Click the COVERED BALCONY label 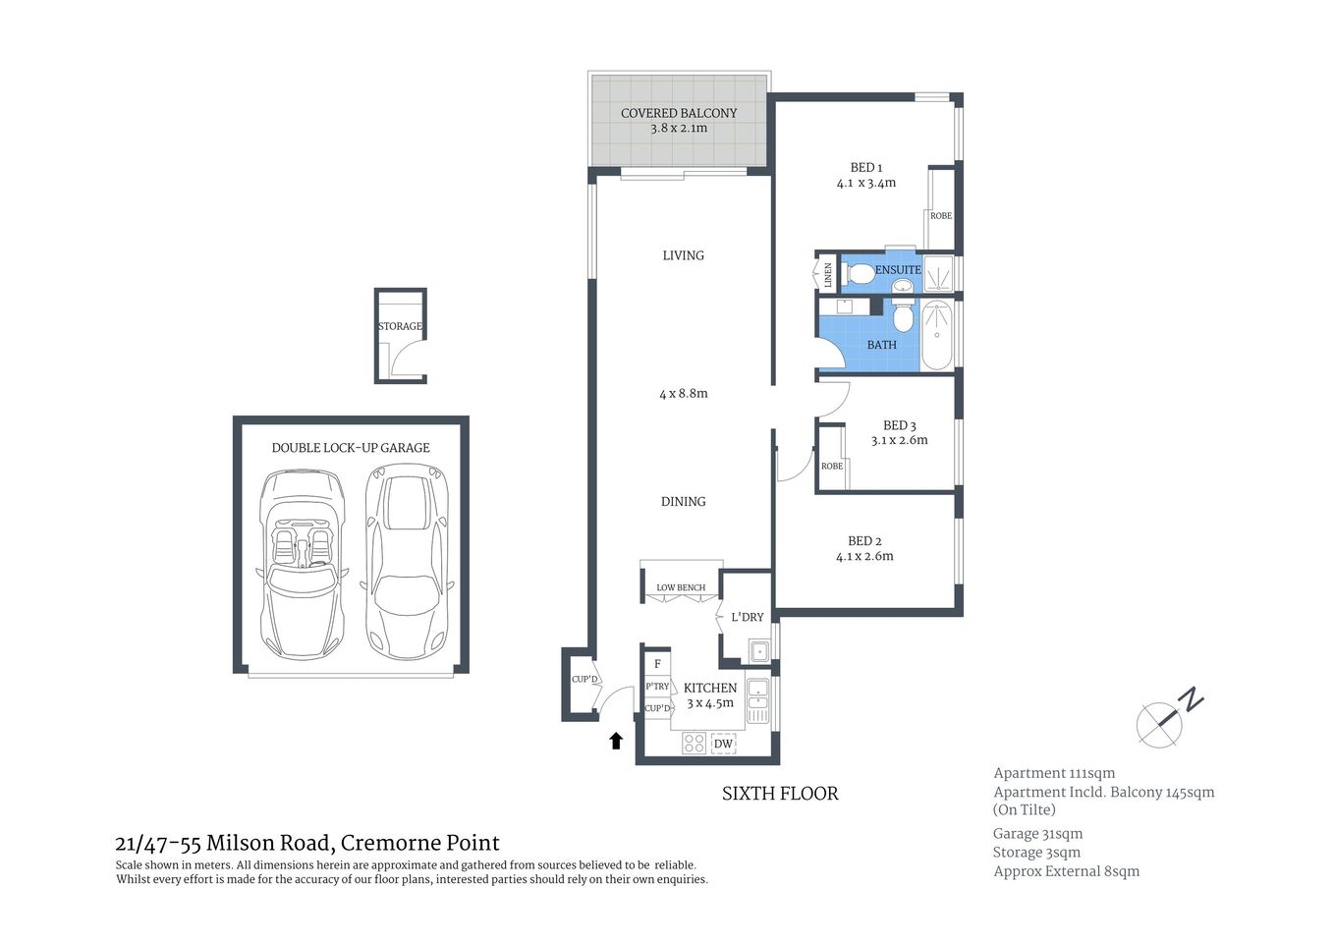pyautogui.click(x=678, y=113)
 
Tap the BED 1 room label pyautogui.click(x=865, y=167)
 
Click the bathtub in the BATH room pyautogui.click(x=936, y=335)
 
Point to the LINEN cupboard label pyautogui.click(x=828, y=274)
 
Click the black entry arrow pyautogui.click(x=616, y=741)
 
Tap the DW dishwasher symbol pyautogui.click(x=723, y=744)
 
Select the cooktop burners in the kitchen pyautogui.click(x=694, y=744)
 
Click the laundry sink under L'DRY pyautogui.click(x=758, y=650)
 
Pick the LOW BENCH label pyautogui.click(x=681, y=587)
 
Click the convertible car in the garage pyautogui.click(x=302, y=565)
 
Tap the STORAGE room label pyautogui.click(x=400, y=326)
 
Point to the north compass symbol pyautogui.click(x=1167, y=719)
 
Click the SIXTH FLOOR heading pyautogui.click(x=780, y=794)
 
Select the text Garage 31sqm pyautogui.click(x=1037, y=833)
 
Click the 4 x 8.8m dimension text pyautogui.click(x=683, y=393)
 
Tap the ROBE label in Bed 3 pyautogui.click(x=831, y=466)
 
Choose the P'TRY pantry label pyautogui.click(x=657, y=687)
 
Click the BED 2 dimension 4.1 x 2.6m pyautogui.click(x=864, y=556)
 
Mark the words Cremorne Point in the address pyautogui.click(x=419, y=843)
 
